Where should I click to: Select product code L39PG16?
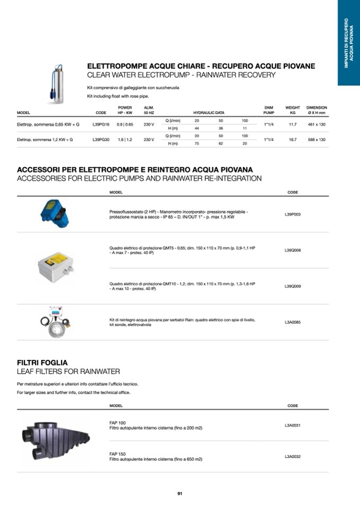coord(101,125)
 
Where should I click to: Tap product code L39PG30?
coord(101,140)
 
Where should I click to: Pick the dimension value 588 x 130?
coord(316,140)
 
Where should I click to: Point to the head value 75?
coord(197,143)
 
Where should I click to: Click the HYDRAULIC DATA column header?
coord(209,113)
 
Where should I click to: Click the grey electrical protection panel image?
coord(55,268)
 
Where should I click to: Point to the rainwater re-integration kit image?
coord(56,322)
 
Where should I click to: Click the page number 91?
coord(180,494)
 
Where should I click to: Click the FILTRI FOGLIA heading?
coord(42,363)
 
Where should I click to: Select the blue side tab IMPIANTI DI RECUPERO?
coord(349,42)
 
